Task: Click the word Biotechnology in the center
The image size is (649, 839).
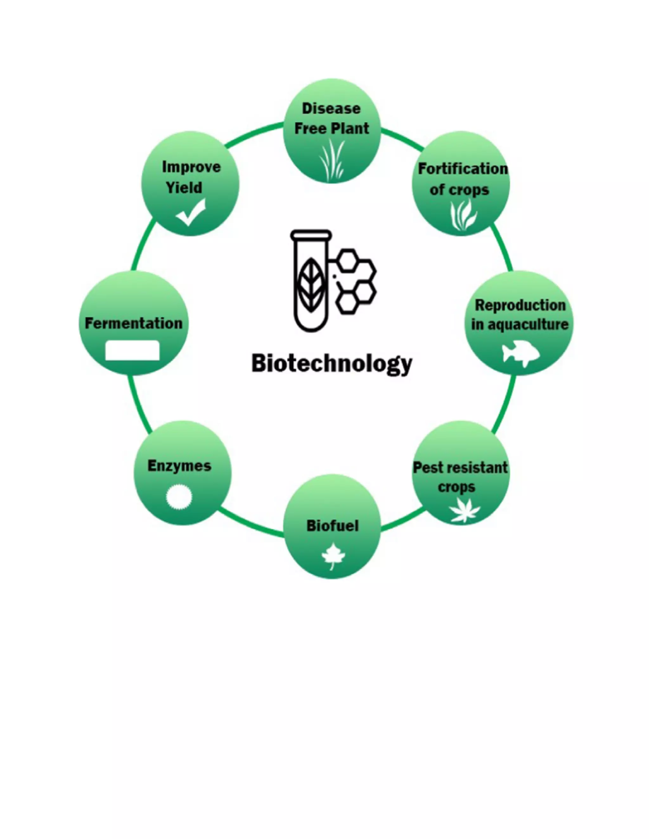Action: pyautogui.click(x=331, y=363)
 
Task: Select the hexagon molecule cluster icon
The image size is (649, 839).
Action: pyautogui.click(x=355, y=281)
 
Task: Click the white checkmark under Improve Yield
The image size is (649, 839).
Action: pyautogui.click(x=191, y=212)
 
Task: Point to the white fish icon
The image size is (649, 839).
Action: pyautogui.click(x=521, y=352)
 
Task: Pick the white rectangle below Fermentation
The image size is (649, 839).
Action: pyautogui.click(x=132, y=350)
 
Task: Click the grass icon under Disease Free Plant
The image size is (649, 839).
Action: pyautogui.click(x=332, y=161)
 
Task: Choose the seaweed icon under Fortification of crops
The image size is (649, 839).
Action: pyautogui.click(x=463, y=216)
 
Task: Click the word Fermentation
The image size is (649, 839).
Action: pyautogui.click(x=133, y=323)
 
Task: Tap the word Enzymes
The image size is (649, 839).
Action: pyautogui.click(x=179, y=466)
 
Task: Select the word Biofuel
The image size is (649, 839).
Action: pyautogui.click(x=332, y=526)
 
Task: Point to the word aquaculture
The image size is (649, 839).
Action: pyautogui.click(x=532, y=325)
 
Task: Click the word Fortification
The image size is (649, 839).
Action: pyautogui.click(x=463, y=169)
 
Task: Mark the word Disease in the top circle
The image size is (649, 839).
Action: pyautogui.click(x=331, y=109)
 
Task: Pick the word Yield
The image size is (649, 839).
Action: pyautogui.click(x=184, y=187)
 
